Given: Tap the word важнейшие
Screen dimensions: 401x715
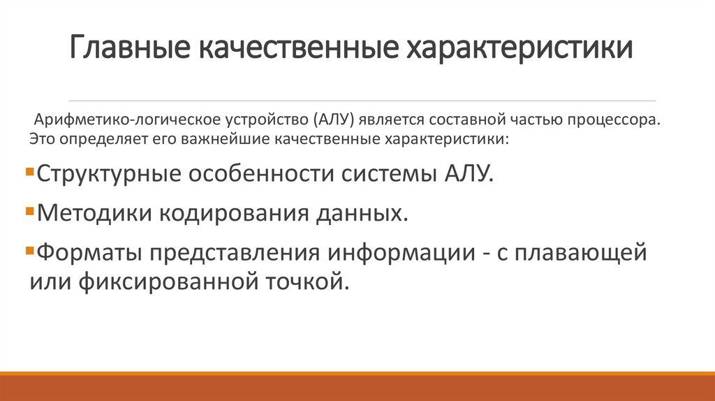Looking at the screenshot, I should pyautogui.click(x=216, y=138).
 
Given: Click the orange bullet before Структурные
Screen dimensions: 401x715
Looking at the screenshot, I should pyautogui.click(x=28, y=170).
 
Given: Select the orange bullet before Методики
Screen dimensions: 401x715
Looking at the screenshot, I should pyautogui.click(x=28, y=210).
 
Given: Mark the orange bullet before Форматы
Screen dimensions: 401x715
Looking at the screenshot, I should pyautogui.click(x=28, y=250).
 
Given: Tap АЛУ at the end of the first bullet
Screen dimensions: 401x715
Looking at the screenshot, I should pyautogui.click(x=467, y=173).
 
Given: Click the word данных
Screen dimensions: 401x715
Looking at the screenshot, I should pyautogui.click(x=362, y=212).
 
